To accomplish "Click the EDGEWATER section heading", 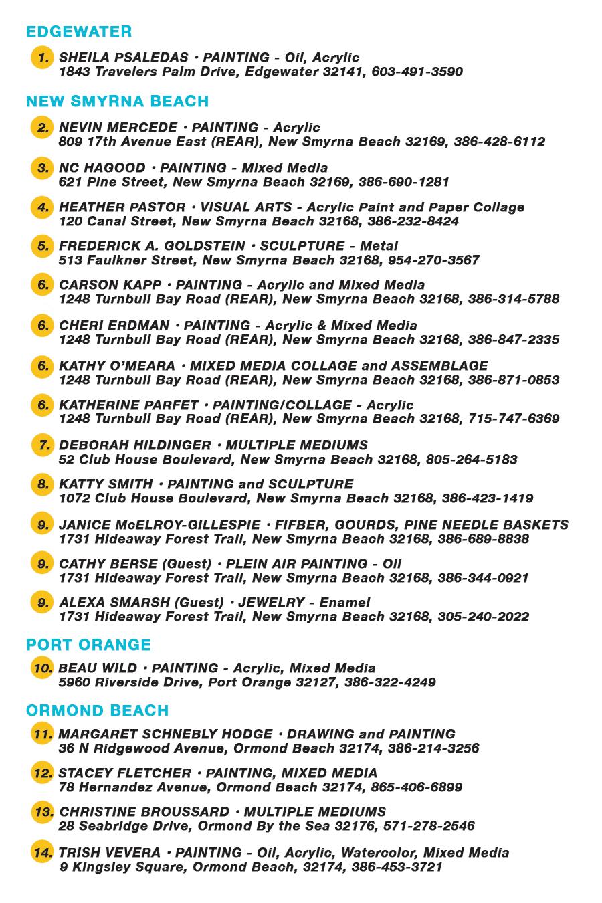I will [79, 31].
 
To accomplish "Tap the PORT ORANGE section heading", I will [88, 645].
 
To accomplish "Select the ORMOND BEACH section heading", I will [97, 710].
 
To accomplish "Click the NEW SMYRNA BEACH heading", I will [117, 101].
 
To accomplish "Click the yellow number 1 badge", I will [42, 58].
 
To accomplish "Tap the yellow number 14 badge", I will [42, 853].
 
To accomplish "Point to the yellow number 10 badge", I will [42, 668].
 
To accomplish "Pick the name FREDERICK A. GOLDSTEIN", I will [152, 246].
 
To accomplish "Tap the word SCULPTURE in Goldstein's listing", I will [301, 246].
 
